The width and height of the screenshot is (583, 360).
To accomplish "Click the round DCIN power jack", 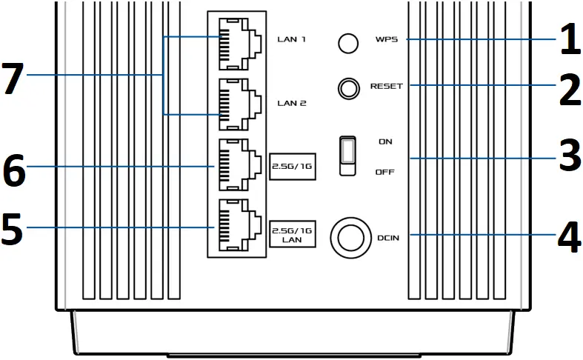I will (x=347, y=236).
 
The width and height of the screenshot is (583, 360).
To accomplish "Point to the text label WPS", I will (x=386, y=39).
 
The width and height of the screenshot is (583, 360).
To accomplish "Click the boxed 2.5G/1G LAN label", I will (x=291, y=236).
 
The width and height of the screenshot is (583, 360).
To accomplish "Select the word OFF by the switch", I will (x=386, y=172).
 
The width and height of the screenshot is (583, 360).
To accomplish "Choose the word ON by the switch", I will (x=385, y=141).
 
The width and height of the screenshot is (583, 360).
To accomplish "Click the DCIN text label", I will (x=387, y=237).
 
